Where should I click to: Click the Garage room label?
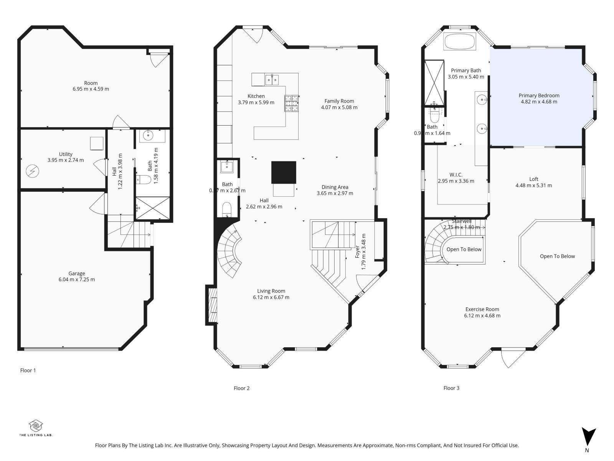click(77, 274)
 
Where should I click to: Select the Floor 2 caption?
click(242, 388)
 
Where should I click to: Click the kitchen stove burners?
click(291, 103)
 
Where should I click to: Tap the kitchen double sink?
click(272, 80)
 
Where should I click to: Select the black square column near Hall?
click(284, 172)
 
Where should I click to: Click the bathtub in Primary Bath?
click(459, 41)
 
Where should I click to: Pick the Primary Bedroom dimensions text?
click(539, 102)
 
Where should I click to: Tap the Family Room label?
click(339, 101)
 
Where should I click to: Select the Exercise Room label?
click(482, 309)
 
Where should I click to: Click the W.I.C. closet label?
click(456, 175)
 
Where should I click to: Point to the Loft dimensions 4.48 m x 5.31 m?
click(533, 185)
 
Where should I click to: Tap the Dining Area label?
click(335, 187)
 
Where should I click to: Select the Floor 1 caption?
click(28, 370)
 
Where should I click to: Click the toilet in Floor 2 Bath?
click(227, 210)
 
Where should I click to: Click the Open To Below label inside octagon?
click(557, 256)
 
